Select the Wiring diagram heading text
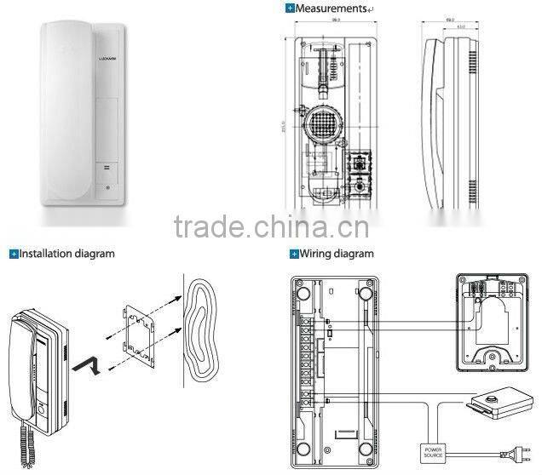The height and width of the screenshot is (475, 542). pyautogui.click(x=337, y=254)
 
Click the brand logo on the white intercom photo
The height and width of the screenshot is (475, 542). pyautogui.click(x=106, y=64)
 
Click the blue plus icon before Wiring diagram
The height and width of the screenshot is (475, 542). pyautogui.click(x=294, y=254)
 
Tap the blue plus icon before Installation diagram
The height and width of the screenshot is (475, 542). pyautogui.click(x=14, y=254)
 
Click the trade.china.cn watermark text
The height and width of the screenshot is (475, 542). pyautogui.click(x=271, y=228)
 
